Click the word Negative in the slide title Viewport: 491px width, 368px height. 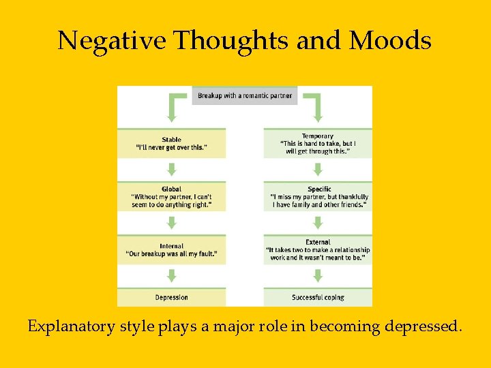coord(112,41)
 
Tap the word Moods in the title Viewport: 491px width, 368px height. coord(390,41)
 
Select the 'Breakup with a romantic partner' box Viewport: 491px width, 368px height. coord(245,95)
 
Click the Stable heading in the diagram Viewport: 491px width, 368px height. coord(171,140)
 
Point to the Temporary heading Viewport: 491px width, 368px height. coord(318,136)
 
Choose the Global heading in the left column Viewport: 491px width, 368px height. coord(171,189)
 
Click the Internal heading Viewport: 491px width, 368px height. coord(171,246)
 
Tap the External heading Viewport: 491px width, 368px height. coord(318,242)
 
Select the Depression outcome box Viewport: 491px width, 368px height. coord(171,297)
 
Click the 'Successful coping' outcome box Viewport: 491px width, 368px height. coord(318,297)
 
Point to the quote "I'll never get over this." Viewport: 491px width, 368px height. coord(171,148)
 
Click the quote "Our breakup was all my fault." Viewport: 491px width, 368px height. coord(171,254)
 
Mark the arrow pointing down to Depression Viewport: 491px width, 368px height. coord(172,275)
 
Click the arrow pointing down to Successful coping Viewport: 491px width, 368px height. coord(318,275)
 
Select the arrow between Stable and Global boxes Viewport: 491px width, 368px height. coord(172,169)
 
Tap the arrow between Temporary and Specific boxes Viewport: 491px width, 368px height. coord(318,169)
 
